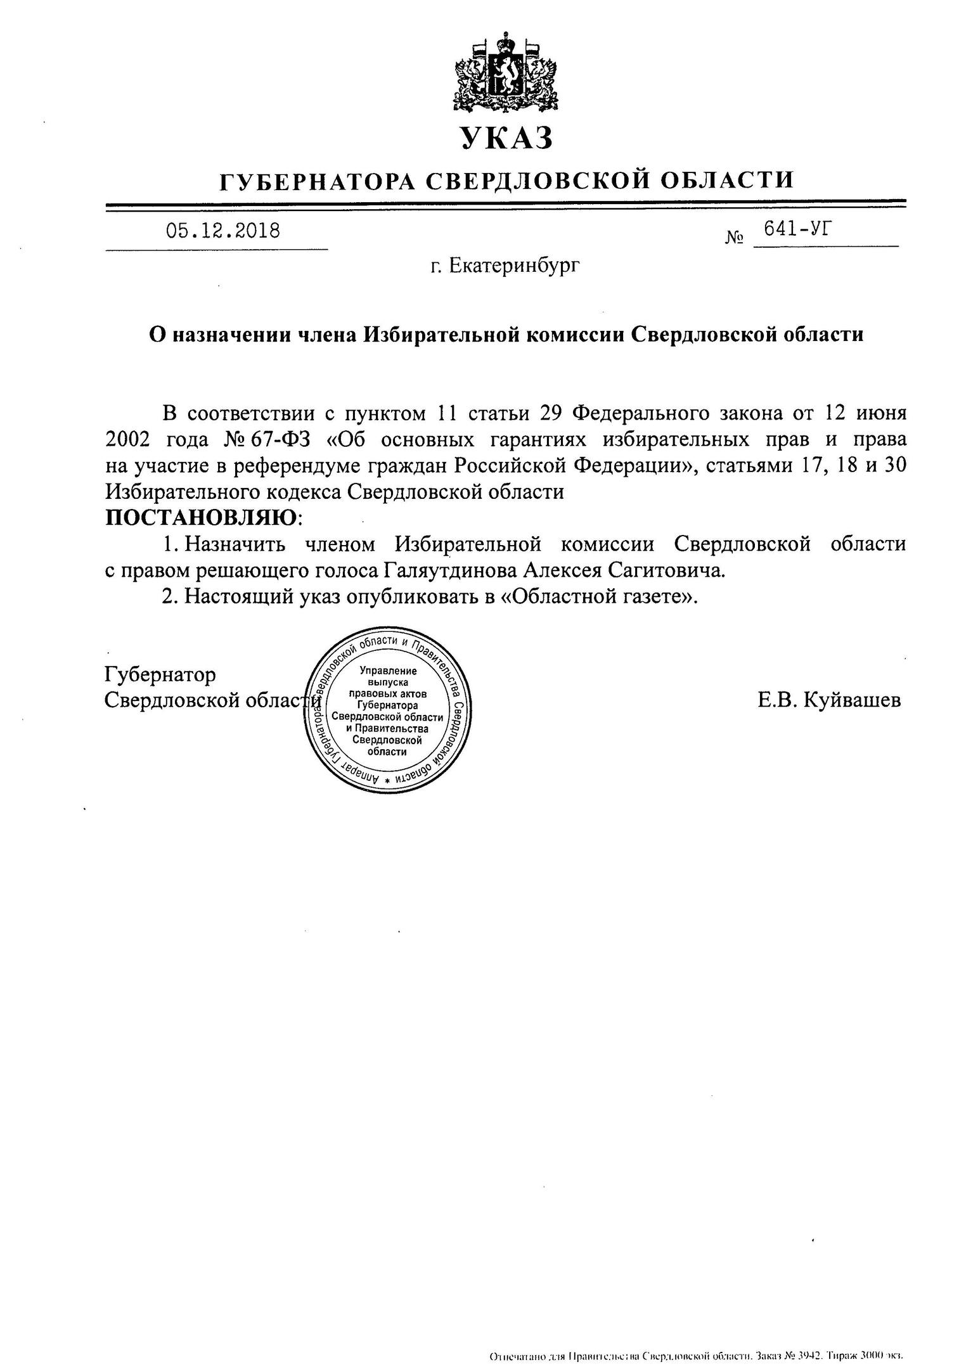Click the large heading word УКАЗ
(x=505, y=138)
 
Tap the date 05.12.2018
(x=222, y=231)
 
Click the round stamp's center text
(x=387, y=711)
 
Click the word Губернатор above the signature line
(x=160, y=674)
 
